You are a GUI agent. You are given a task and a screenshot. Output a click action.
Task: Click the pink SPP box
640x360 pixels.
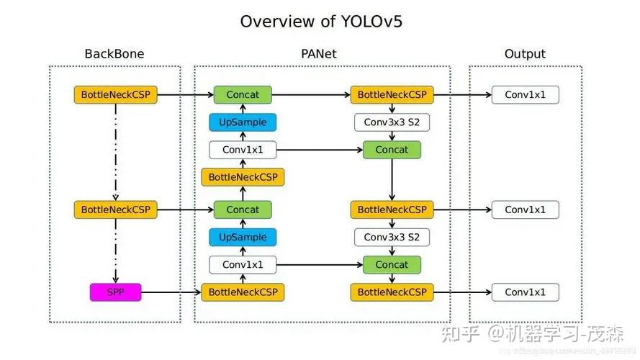[115, 292]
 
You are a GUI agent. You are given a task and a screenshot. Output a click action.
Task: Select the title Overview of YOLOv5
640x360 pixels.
[321, 21]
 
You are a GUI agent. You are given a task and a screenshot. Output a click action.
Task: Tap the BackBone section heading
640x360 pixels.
[114, 54]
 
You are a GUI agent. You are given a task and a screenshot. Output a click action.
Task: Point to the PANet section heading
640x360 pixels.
[318, 54]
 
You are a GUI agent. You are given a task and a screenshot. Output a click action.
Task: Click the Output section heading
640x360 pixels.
[525, 54]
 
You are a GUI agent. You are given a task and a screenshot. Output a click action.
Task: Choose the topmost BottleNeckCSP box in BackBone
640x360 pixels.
[115, 94]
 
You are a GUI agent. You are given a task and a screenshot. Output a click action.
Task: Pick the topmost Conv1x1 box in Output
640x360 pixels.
[525, 94]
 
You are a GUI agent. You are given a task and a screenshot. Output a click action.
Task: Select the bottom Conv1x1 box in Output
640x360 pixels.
[525, 292]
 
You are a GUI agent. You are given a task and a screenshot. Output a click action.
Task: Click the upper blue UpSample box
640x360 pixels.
[243, 122]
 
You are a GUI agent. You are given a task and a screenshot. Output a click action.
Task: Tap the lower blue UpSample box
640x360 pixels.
[243, 237]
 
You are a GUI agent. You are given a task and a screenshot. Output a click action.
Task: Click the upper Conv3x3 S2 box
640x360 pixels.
[392, 122]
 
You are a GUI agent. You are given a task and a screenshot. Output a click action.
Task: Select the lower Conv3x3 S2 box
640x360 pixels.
[392, 237]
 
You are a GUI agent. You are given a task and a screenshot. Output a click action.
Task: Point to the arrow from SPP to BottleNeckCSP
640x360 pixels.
[171, 292]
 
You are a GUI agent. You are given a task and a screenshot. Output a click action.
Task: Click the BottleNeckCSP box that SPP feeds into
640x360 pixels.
[243, 292]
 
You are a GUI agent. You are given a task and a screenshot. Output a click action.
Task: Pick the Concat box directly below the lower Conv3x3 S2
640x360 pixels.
[392, 264]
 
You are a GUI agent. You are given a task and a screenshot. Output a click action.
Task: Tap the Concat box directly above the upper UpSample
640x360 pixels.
[243, 94]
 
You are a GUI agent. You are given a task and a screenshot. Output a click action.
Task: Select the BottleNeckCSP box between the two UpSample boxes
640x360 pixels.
[243, 177]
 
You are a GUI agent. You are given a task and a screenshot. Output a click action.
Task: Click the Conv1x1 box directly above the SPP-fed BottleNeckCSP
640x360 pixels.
[243, 264]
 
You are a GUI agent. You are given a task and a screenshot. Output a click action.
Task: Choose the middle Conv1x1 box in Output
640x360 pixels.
[525, 210]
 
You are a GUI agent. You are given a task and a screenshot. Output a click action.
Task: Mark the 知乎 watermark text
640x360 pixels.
[461, 333]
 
